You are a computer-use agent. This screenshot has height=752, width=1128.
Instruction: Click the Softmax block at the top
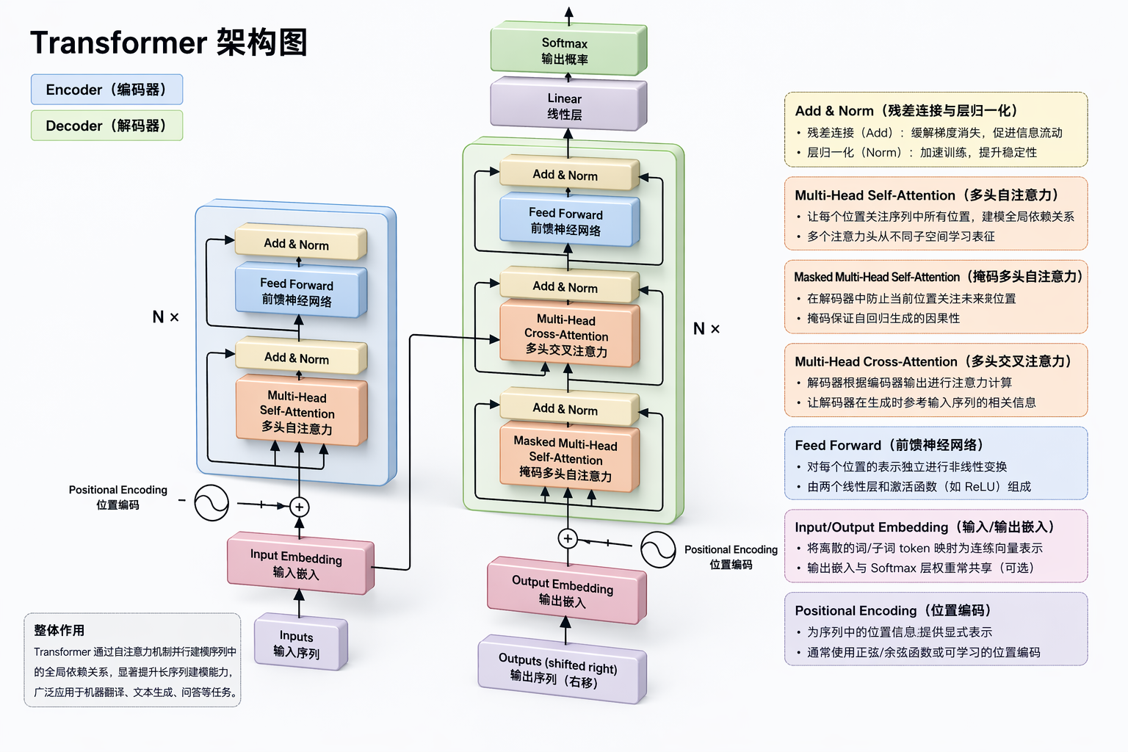point(567,50)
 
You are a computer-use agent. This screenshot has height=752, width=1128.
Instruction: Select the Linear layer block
point(567,105)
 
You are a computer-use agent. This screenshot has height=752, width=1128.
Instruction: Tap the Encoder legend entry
point(106,90)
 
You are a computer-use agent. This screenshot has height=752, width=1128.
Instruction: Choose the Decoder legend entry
point(106,126)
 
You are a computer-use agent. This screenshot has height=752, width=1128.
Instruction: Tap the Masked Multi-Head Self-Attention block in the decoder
point(567,458)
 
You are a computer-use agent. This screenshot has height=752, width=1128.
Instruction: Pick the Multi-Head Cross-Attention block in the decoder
point(567,335)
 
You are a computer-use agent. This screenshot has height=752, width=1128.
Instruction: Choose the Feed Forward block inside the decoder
point(567,220)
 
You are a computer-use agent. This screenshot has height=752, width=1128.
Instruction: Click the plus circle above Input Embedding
point(299,507)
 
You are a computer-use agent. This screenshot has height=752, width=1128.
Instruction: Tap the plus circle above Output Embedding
point(568,538)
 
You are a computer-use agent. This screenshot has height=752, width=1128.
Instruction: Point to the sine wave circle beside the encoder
point(211,504)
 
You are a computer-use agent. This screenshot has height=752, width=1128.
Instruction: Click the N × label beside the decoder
point(706,328)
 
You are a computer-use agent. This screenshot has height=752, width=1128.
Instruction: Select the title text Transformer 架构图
point(168,43)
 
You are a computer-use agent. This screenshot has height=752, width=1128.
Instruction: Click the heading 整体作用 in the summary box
point(59,630)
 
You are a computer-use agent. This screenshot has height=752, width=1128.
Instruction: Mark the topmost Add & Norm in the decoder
point(567,175)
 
